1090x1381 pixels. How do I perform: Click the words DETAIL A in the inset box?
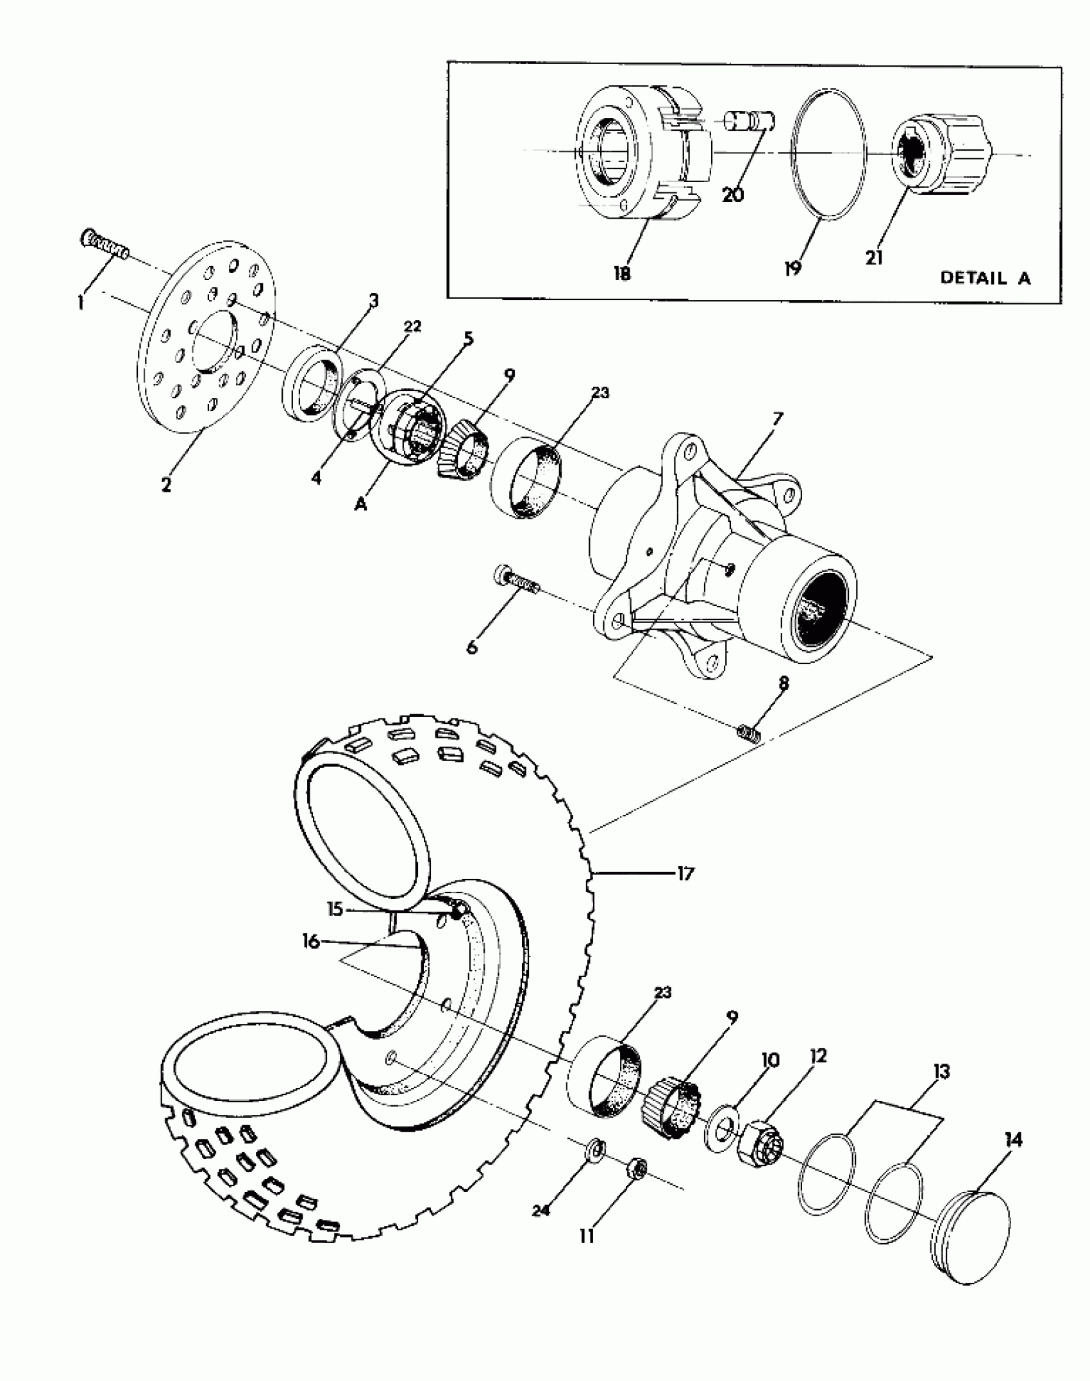pos(985,278)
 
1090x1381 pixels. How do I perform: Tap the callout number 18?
pos(622,274)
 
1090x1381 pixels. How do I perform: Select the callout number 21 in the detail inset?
pos(874,258)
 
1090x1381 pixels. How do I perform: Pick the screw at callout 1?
pos(105,246)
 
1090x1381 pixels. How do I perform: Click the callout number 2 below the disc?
pos(166,485)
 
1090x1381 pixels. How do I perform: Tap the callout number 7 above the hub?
pos(777,419)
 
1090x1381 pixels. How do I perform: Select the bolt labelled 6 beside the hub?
pos(517,579)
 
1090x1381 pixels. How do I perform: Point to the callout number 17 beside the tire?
pos(685,874)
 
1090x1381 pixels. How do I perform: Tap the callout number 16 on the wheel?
pos(311,942)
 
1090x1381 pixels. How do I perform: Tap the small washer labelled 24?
pos(595,1148)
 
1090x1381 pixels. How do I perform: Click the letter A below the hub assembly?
pos(361,505)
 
